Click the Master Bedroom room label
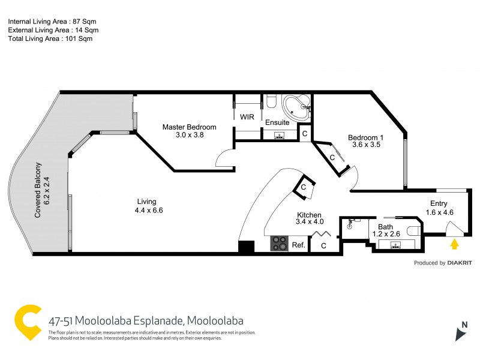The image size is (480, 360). (x=189, y=127)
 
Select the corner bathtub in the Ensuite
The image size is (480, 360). (x=296, y=107)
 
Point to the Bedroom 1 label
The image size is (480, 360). (x=365, y=137)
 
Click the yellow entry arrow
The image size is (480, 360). (x=454, y=244)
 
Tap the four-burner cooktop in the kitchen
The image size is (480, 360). (x=280, y=243)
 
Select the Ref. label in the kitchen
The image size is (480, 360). (x=298, y=245)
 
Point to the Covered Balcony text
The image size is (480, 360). (x=38, y=190)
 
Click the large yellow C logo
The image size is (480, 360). (x=29, y=323)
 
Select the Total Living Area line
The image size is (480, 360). (x=50, y=38)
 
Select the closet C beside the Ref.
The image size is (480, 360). (x=323, y=245)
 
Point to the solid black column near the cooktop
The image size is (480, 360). (x=246, y=247)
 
